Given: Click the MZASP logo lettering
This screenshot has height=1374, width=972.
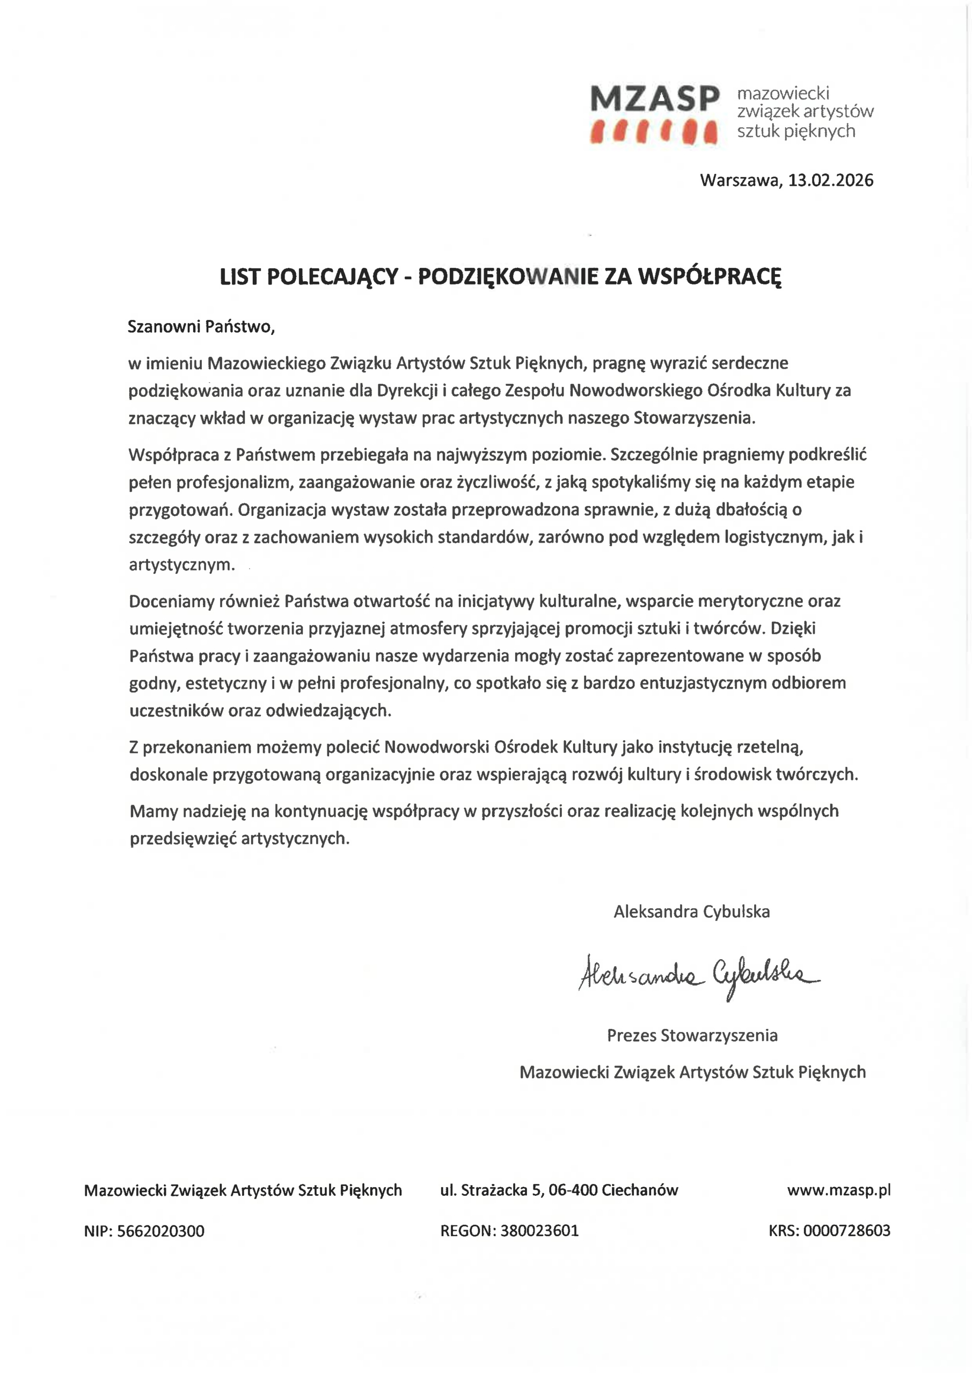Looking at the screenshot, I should tap(654, 98).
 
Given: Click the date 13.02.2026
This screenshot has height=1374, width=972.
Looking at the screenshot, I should tap(830, 180).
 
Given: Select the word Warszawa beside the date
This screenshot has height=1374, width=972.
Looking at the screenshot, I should tap(740, 180).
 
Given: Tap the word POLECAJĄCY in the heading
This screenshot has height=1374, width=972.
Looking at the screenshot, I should tap(333, 276).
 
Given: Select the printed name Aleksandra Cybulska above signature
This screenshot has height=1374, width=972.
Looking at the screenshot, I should tap(691, 911).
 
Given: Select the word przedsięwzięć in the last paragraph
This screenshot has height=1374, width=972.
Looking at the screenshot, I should tap(183, 838).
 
